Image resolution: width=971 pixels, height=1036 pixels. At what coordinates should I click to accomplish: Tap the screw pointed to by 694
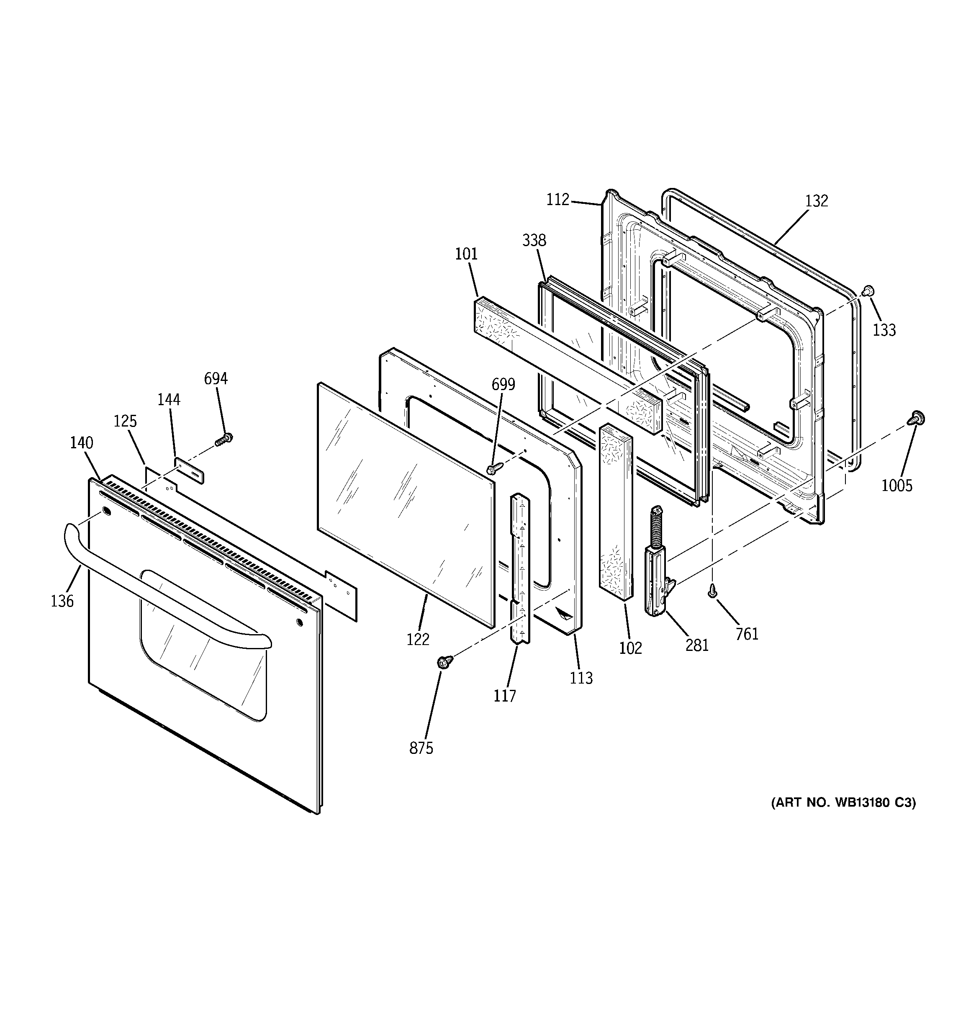(224, 440)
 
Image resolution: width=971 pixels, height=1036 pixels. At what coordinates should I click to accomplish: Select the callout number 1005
(897, 486)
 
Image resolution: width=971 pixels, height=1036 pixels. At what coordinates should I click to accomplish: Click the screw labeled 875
(444, 661)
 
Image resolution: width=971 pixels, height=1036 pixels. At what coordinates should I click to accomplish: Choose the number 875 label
(421, 748)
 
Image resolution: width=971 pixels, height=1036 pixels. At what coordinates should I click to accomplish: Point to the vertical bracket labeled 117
(521, 568)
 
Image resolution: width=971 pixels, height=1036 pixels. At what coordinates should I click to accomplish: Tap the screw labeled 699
(493, 468)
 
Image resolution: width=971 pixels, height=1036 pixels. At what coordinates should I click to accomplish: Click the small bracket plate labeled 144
(189, 470)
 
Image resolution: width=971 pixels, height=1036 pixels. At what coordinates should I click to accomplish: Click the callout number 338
(534, 240)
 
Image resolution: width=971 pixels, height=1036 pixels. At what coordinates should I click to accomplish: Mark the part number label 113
(581, 678)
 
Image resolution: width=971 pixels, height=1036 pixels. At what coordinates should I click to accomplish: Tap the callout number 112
(557, 200)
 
